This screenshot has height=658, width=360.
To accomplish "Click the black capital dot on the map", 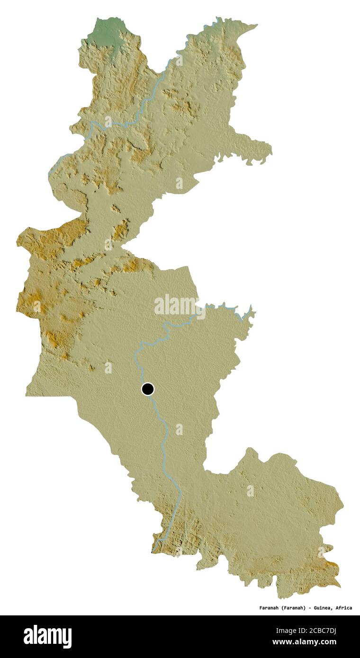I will click(148, 389).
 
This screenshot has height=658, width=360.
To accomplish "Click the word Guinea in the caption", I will click(322, 608).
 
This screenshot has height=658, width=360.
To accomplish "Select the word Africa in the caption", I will click(343, 608).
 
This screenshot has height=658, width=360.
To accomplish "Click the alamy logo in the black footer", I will click(47, 637).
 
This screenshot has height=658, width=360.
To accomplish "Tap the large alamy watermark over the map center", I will click(176, 305).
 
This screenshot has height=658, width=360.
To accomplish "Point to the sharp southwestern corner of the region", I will click(27, 394).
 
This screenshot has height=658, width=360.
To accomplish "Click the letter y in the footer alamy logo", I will click(68, 638).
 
